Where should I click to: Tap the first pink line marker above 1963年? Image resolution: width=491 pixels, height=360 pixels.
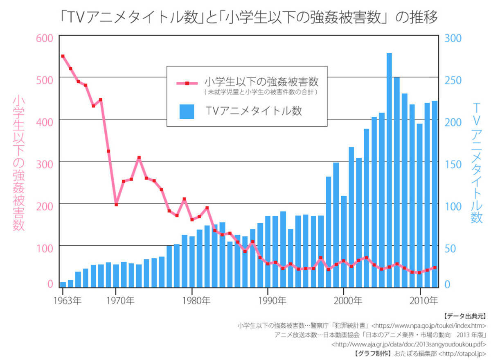click(63, 56)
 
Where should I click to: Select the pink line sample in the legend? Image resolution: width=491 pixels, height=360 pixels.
click(187, 83)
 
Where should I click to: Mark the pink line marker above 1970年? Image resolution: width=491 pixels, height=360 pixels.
click(116, 204)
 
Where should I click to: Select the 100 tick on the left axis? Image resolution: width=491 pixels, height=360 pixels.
click(45, 248)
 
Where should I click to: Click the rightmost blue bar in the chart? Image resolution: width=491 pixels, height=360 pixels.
click(435, 194)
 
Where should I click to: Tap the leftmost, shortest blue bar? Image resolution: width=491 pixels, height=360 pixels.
click(63, 285)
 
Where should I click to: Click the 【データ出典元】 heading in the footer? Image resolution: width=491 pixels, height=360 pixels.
click(465, 316)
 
